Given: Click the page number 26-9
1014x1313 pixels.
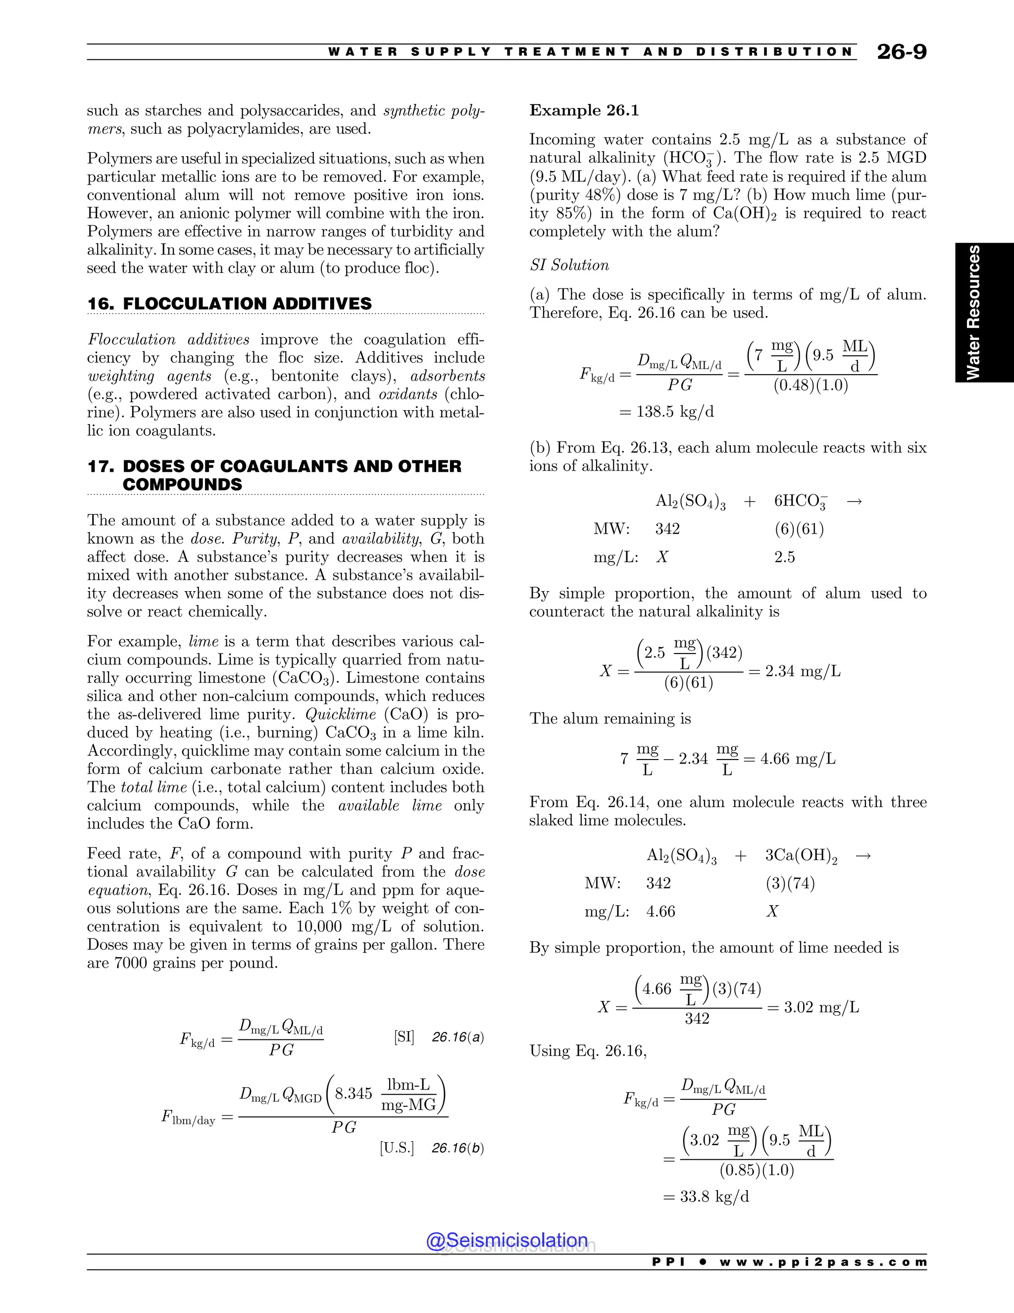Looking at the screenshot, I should tap(901, 52).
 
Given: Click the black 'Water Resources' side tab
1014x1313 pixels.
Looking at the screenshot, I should tap(984, 313).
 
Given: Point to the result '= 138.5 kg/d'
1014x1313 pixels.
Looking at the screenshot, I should tap(667, 412).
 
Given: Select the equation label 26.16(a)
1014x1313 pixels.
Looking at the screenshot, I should tap(458, 1037).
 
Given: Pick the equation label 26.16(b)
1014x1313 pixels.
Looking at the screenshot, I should tap(458, 1149).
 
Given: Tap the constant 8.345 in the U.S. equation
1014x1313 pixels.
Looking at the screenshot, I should tap(354, 1094).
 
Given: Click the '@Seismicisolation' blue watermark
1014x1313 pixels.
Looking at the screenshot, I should tap(507, 1240).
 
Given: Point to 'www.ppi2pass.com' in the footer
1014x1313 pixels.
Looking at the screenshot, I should tap(823, 1262).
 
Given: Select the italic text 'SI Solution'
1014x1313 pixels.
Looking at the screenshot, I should tap(569, 265).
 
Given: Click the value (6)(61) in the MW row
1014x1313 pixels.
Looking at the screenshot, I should tap(799, 529).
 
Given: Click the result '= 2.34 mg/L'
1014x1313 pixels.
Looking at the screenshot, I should tap(794, 671).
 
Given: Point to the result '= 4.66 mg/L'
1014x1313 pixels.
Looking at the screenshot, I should tap(789, 759).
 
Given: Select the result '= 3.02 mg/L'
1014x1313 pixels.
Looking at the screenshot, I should tap(813, 1007).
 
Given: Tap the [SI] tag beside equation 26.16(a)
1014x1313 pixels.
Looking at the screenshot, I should tap(404, 1037).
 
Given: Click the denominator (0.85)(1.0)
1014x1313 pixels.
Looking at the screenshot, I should tap(757, 1170).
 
